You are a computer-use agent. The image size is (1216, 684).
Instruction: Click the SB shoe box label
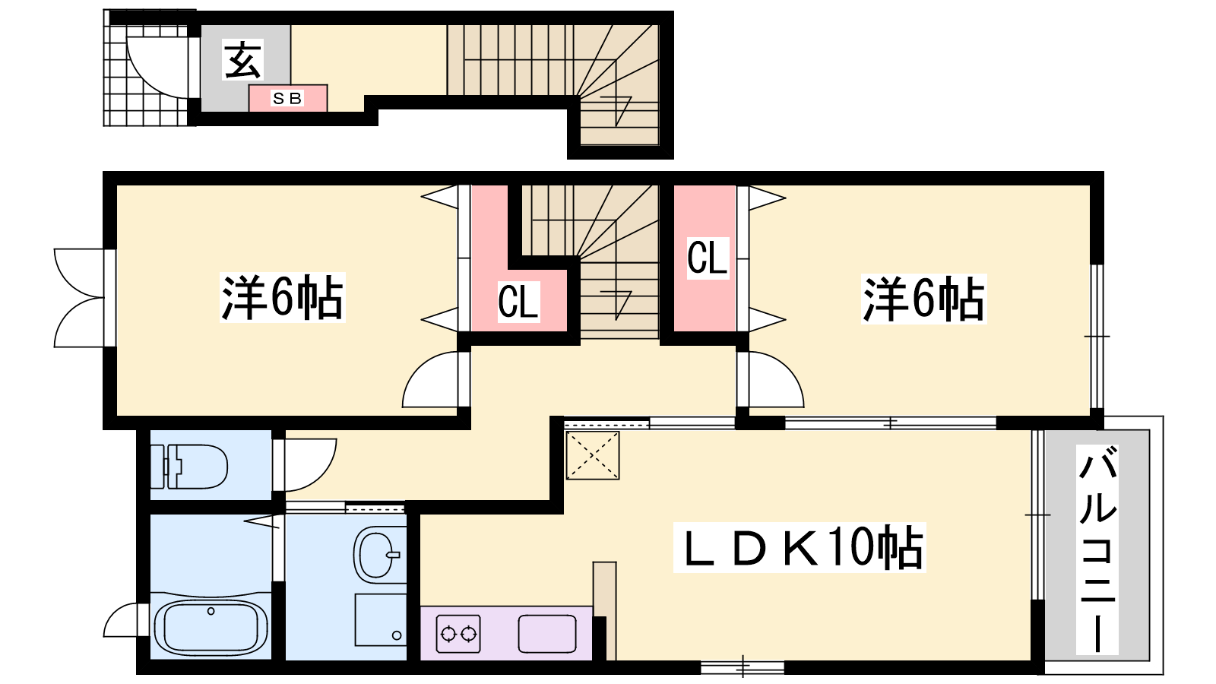pos(288,98)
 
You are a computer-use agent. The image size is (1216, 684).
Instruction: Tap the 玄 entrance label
pos(242,60)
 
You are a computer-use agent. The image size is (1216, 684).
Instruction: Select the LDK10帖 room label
pos(800,547)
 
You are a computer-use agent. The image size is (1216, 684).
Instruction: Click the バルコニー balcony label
pos(1097,549)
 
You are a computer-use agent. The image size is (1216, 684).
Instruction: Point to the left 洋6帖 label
pos(282,297)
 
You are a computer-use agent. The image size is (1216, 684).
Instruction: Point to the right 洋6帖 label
pos(924,299)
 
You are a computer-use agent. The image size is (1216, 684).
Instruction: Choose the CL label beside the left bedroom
pos(518,301)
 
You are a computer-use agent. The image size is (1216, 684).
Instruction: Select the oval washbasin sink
pos(378,555)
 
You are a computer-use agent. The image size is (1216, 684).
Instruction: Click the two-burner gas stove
pos(459,634)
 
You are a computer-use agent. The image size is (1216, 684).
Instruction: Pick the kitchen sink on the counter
pos(546,634)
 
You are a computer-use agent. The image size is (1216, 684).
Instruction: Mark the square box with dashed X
pos(592,455)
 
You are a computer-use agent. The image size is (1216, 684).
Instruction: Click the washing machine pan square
pos(381,620)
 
